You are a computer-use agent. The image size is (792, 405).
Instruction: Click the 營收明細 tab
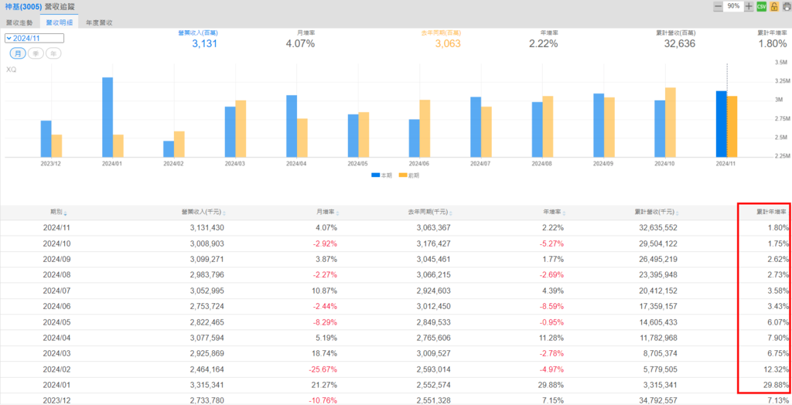click(x=60, y=23)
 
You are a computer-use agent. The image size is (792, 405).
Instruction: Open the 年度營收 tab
click(x=99, y=23)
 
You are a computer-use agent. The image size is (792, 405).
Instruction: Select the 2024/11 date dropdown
click(x=34, y=38)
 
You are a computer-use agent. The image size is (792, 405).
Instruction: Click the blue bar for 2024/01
click(x=108, y=117)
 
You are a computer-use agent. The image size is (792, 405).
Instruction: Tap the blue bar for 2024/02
click(x=169, y=148)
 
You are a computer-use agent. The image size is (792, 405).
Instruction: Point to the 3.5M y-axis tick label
click(x=780, y=62)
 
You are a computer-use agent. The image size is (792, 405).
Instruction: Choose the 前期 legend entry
click(x=409, y=175)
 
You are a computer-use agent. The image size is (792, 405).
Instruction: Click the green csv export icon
click(x=761, y=6)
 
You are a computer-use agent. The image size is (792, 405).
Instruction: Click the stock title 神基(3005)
click(x=23, y=6)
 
